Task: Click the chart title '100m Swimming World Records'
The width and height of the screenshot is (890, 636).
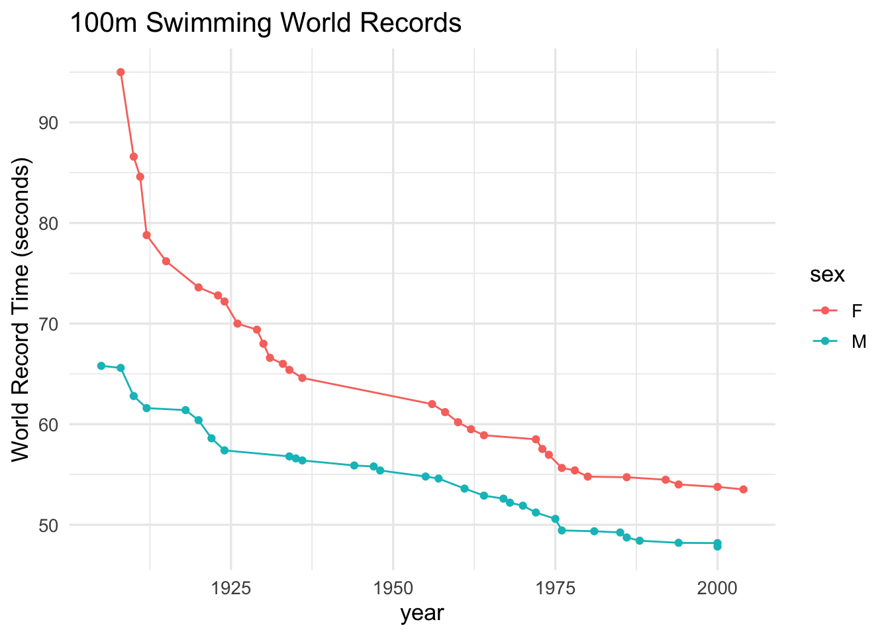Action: click(265, 24)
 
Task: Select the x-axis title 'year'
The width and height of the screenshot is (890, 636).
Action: click(422, 613)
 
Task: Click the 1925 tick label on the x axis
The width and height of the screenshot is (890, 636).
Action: click(230, 588)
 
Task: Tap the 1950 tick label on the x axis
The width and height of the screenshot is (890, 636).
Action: click(393, 588)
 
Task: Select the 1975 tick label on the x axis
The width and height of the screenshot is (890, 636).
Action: click(555, 588)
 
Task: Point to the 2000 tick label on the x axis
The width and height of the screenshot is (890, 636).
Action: click(717, 588)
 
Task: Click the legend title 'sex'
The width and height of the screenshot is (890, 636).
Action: click(827, 275)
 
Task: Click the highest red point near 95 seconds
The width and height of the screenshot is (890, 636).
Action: click(121, 72)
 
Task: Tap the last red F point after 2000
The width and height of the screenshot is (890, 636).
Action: click(743, 489)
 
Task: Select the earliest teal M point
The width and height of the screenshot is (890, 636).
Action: click(101, 366)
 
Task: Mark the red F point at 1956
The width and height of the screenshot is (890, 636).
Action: click(432, 404)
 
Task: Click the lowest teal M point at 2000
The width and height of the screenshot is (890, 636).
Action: click(717, 547)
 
